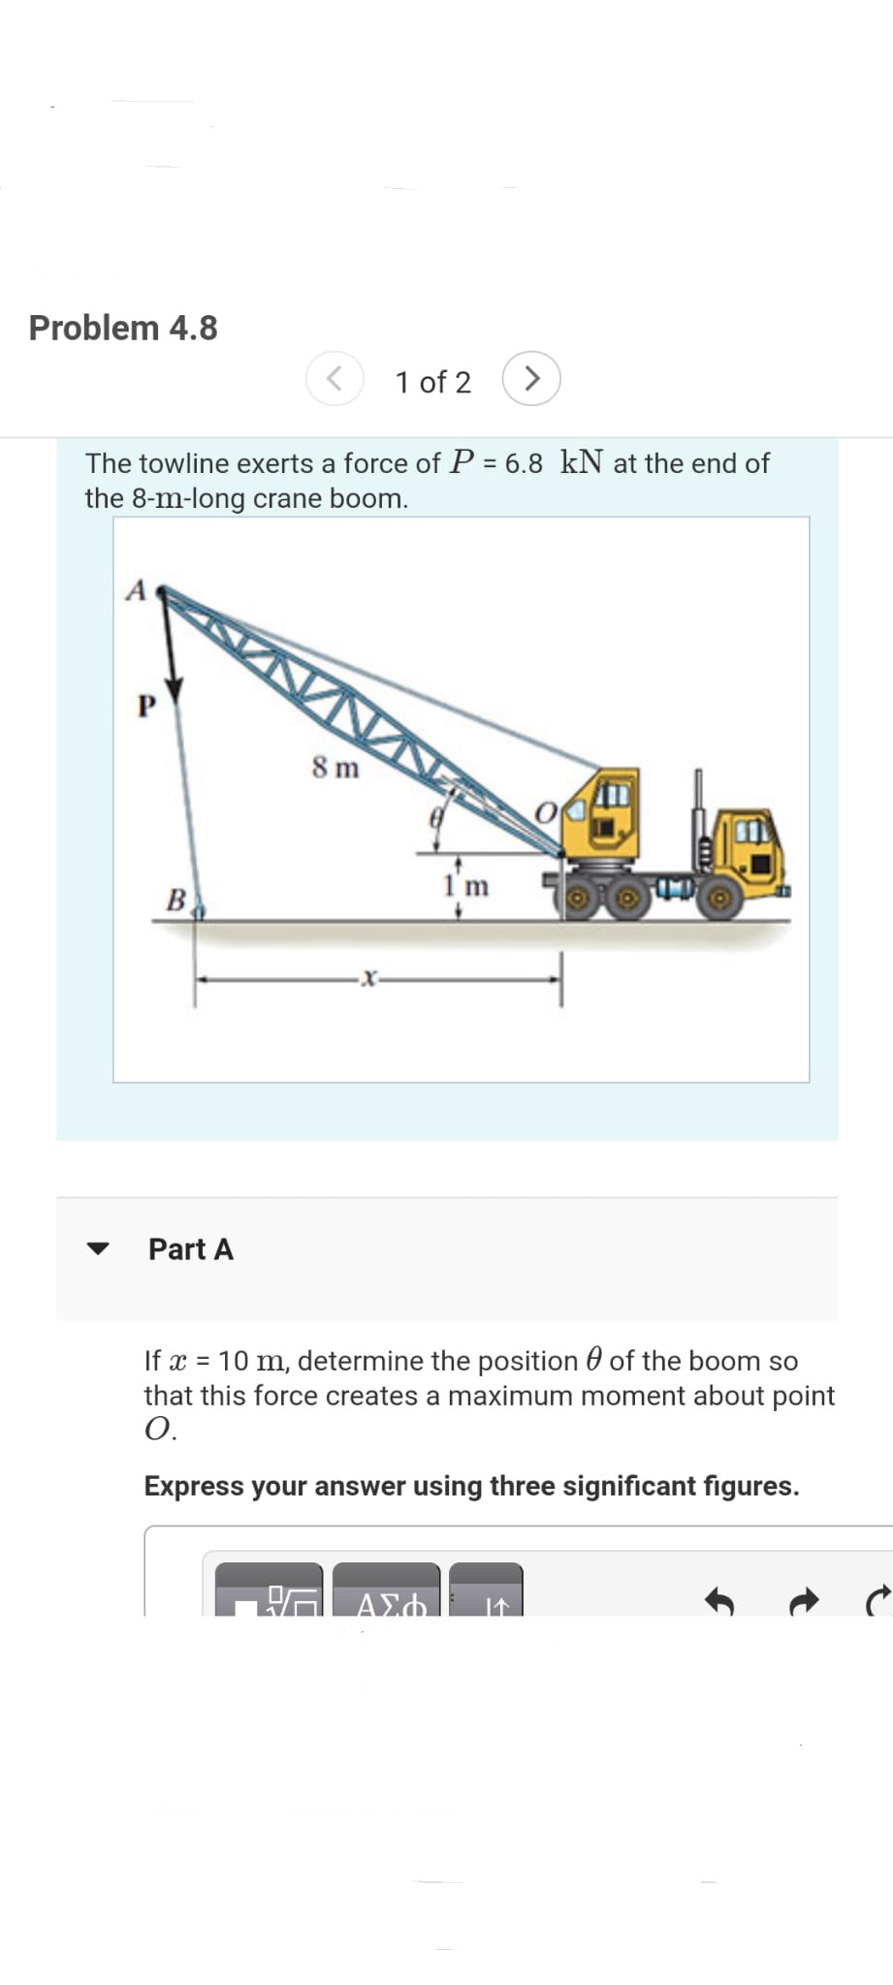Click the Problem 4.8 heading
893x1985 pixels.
point(123,328)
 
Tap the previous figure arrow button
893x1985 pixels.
point(335,378)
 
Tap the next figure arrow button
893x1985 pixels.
point(531,378)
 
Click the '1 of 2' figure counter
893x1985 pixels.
point(432,382)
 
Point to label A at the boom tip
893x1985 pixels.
point(136,590)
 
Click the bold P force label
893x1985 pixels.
point(146,706)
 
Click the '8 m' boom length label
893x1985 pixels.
point(335,769)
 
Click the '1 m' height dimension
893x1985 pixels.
point(466,885)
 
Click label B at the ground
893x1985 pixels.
point(176,899)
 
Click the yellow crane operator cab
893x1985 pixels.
point(603,814)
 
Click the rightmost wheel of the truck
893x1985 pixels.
point(719,899)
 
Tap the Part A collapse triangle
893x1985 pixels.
point(98,1248)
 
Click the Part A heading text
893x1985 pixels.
point(191,1249)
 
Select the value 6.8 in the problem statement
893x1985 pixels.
point(524,463)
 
